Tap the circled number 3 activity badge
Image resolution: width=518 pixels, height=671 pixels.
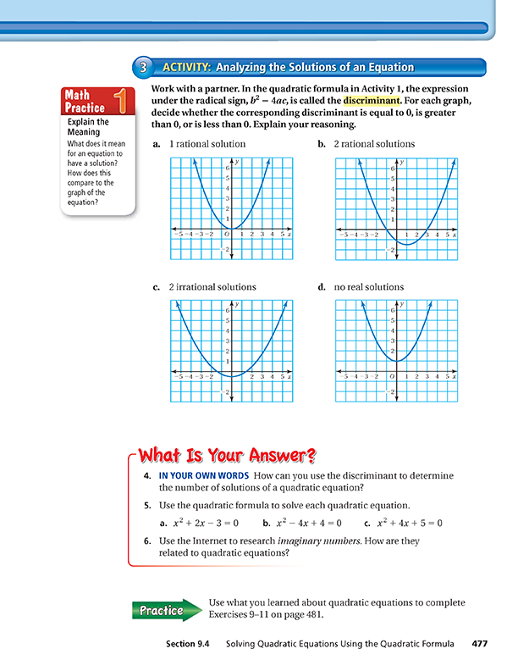pos(142,67)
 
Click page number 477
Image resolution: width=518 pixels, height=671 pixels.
pos(480,644)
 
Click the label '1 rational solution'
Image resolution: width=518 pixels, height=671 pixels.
pos(207,144)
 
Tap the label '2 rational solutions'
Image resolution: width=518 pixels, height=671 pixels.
pos(374,144)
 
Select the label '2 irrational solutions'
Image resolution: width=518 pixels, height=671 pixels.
pos(212,287)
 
